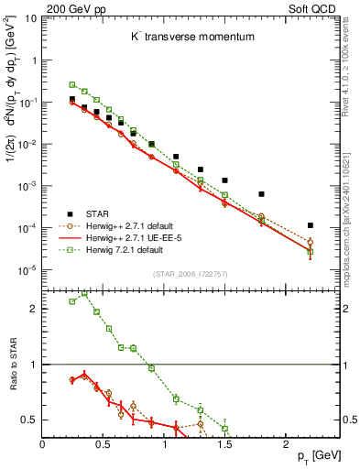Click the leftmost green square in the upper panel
(72, 84)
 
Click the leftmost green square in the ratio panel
(72, 301)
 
